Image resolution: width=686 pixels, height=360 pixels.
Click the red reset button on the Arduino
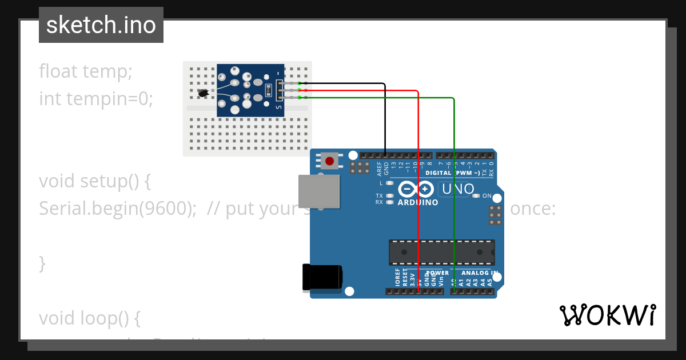click(x=329, y=161)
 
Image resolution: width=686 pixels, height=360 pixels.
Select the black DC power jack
click(x=322, y=277)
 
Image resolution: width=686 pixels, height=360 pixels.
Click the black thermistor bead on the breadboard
click(x=203, y=93)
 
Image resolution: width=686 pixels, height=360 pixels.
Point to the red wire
click(x=418, y=189)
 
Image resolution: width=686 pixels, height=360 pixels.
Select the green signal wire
click(x=454, y=189)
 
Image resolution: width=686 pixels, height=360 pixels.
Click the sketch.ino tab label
click(x=101, y=25)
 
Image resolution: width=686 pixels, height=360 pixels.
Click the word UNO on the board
click(x=457, y=189)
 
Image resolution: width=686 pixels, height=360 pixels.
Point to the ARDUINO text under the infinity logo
click(x=418, y=202)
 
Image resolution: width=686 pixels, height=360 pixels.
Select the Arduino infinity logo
click(x=417, y=189)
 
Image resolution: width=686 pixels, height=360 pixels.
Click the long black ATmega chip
click(x=441, y=253)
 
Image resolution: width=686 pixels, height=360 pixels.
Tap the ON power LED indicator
click(x=476, y=196)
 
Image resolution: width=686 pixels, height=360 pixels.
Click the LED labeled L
click(x=390, y=183)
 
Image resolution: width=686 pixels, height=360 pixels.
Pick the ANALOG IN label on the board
click(x=479, y=273)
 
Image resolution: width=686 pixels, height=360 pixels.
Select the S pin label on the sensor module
click(x=278, y=106)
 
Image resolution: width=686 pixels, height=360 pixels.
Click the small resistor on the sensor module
click(x=268, y=90)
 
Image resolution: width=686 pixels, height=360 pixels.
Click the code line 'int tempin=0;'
click(x=96, y=99)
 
